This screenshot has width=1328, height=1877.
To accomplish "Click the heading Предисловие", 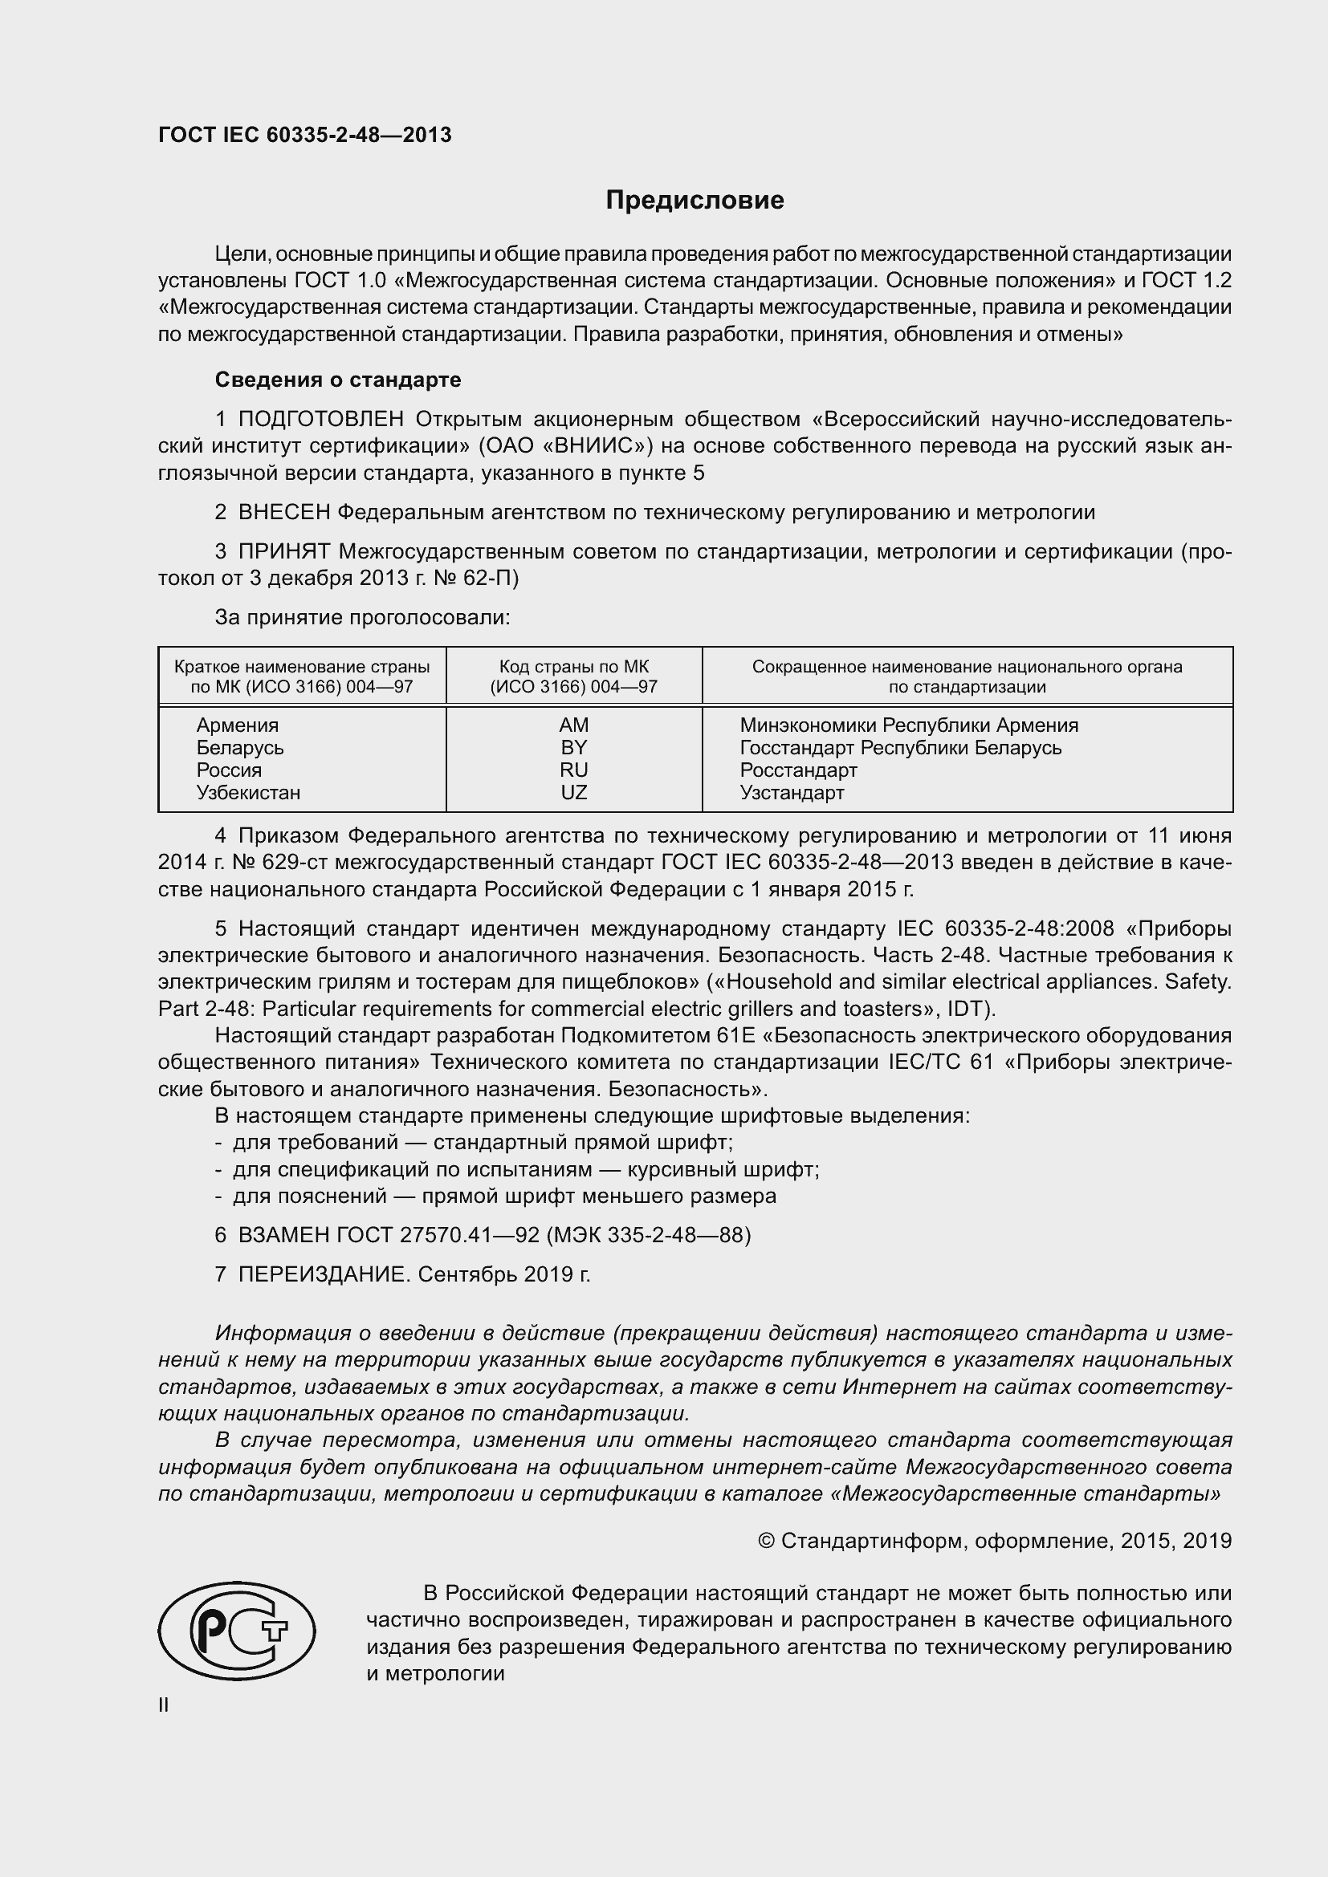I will click(x=695, y=201).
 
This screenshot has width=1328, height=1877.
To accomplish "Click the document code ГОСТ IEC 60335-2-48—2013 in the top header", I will click(x=304, y=136).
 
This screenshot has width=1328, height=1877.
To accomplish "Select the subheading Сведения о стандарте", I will click(x=338, y=380).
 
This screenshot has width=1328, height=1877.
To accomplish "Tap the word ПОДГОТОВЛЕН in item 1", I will click(x=320, y=420).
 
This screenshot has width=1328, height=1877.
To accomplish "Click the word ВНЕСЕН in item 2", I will click(x=283, y=513).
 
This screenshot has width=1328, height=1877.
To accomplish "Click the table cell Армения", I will click(x=237, y=725).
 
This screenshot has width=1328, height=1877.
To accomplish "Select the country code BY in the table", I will click(x=573, y=747).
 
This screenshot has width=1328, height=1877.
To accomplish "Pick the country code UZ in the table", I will click(x=573, y=792).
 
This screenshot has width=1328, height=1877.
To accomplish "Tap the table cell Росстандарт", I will click(x=798, y=770).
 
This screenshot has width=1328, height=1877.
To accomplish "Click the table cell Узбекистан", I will click(x=248, y=792).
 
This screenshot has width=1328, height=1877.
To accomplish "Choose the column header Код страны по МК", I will click(x=573, y=667).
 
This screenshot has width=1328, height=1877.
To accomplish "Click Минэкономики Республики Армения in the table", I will click(x=909, y=725).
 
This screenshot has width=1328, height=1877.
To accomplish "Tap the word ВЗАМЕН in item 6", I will click(x=283, y=1234).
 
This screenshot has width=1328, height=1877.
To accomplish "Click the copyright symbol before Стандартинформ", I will click(x=766, y=1541).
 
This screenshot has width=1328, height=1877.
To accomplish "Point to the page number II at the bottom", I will click(x=164, y=1705).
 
